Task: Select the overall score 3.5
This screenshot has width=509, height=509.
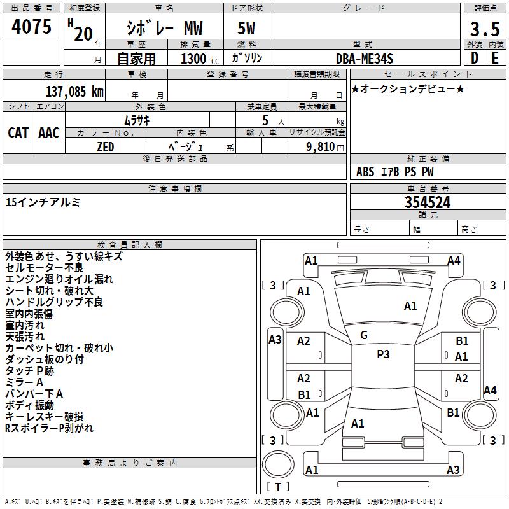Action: (x=484, y=29)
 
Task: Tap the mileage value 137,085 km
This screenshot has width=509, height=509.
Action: (x=74, y=91)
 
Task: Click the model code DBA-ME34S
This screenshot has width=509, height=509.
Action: (x=365, y=59)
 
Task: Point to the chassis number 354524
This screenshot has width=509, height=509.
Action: (x=428, y=202)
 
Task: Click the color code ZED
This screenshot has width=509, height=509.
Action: (x=105, y=147)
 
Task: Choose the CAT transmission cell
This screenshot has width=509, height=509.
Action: (x=18, y=133)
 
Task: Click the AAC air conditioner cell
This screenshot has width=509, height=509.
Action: (x=49, y=133)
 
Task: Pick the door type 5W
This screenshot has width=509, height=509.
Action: (x=246, y=29)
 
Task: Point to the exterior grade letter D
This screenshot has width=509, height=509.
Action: (x=474, y=58)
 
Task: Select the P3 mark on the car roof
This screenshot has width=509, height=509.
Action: (x=383, y=354)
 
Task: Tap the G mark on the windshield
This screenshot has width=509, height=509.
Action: (x=364, y=335)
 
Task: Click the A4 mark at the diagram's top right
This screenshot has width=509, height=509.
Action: (x=454, y=260)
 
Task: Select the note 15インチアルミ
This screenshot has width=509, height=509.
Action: (x=43, y=202)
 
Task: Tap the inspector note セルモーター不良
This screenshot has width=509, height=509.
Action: (x=44, y=268)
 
